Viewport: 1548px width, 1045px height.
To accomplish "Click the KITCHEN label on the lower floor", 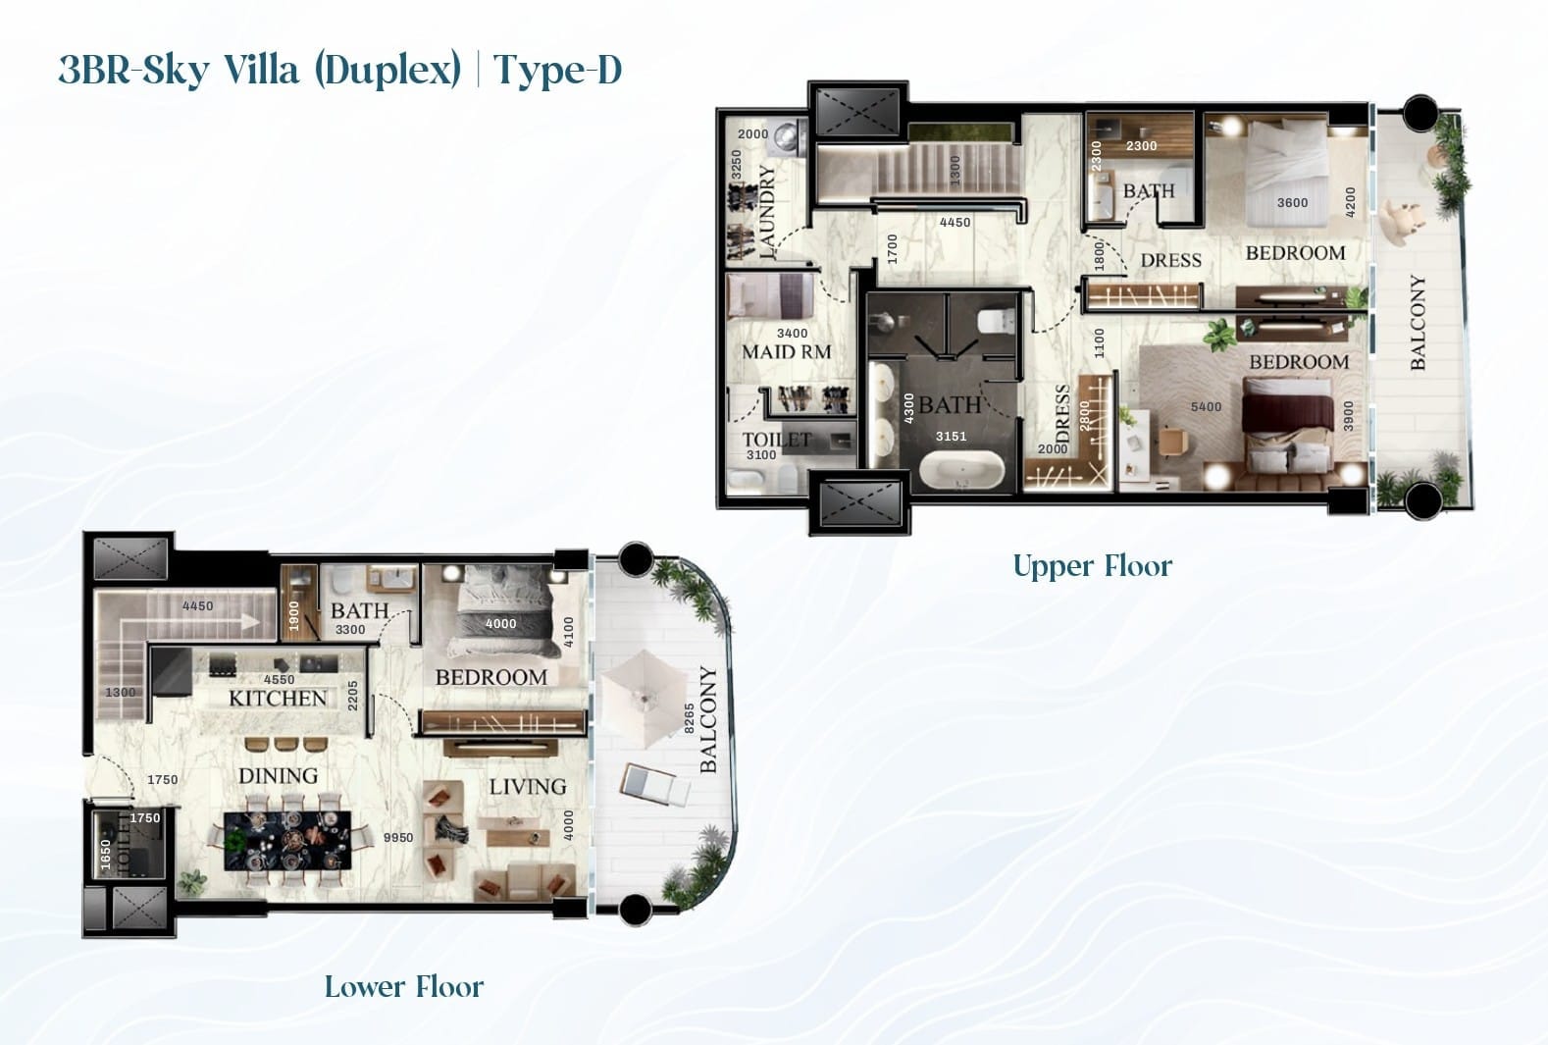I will [x=278, y=699].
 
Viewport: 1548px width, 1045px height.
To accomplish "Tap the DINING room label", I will [x=278, y=776].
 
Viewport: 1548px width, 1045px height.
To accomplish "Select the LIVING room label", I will [x=528, y=787].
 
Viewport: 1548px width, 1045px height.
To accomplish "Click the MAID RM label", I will [x=786, y=352].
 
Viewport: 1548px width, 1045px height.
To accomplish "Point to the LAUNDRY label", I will [x=767, y=212].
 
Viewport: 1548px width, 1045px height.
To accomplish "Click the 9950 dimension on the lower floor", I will [x=398, y=838].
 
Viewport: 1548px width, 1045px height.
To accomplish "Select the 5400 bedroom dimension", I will [x=1206, y=407].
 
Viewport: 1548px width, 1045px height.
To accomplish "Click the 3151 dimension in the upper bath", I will [x=951, y=437].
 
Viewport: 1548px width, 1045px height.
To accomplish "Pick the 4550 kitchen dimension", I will [x=280, y=679].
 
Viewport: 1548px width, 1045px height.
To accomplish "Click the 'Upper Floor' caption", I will [x=1092, y=566].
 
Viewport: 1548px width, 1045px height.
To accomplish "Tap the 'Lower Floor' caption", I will [x=404, y=987].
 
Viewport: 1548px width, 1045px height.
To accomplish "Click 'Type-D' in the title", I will [x=558, y=71].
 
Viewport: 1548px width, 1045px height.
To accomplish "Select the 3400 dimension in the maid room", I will [x=792, y=334].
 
